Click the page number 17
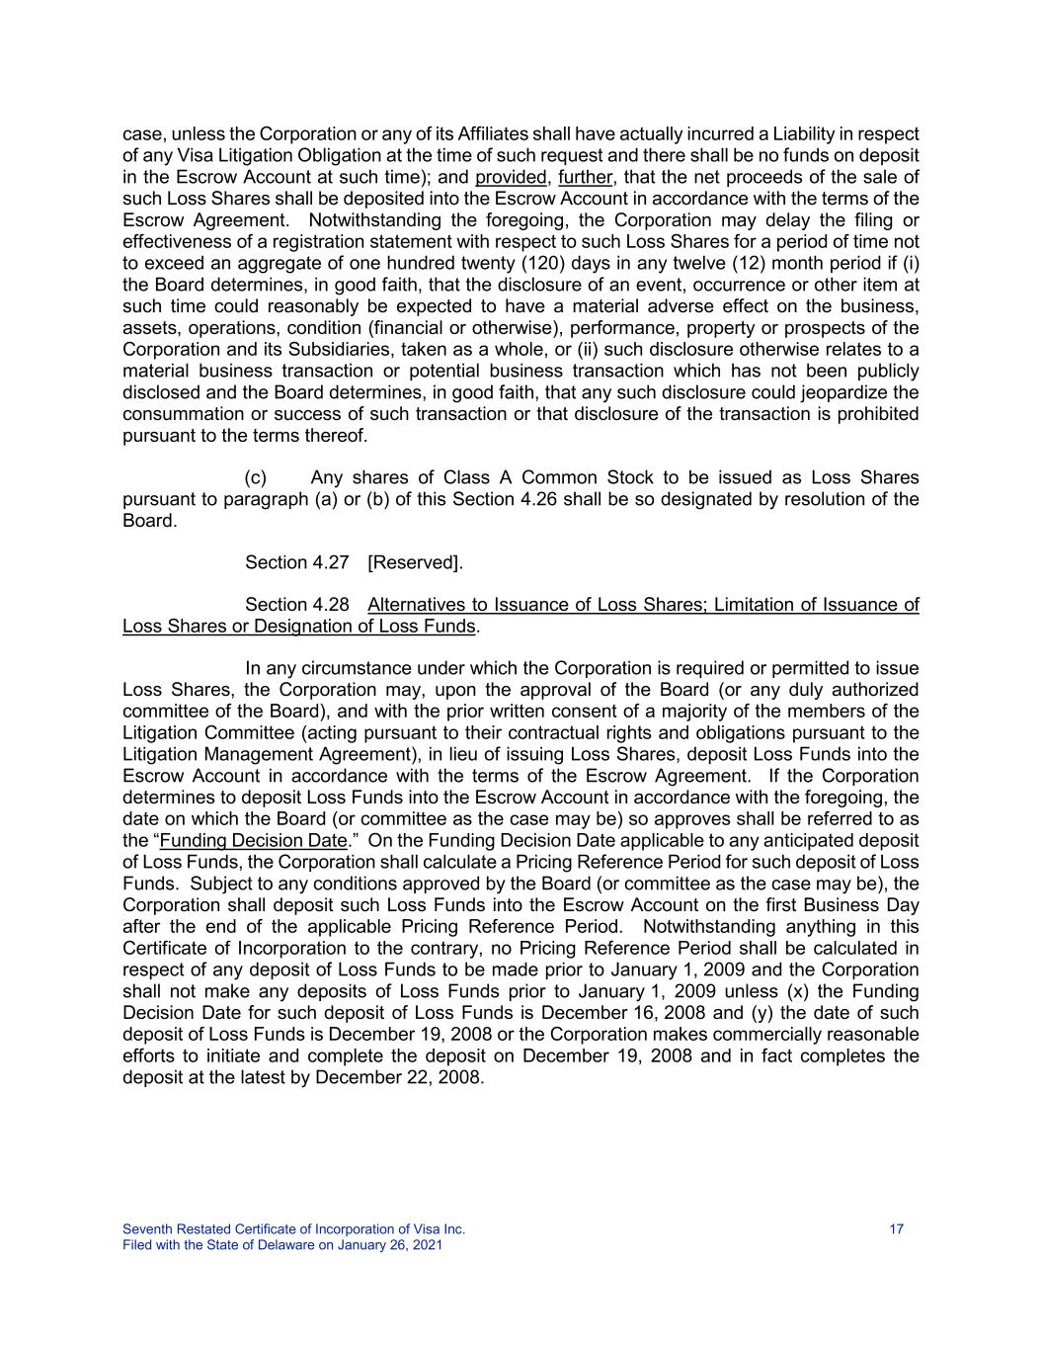click(896, 1229)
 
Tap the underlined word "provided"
click(510, 177)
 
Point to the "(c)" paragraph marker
click(256, 477)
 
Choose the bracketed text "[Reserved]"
click(414, 562)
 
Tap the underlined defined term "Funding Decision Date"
click(253, 841)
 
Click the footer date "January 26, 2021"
click(390, 1245)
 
